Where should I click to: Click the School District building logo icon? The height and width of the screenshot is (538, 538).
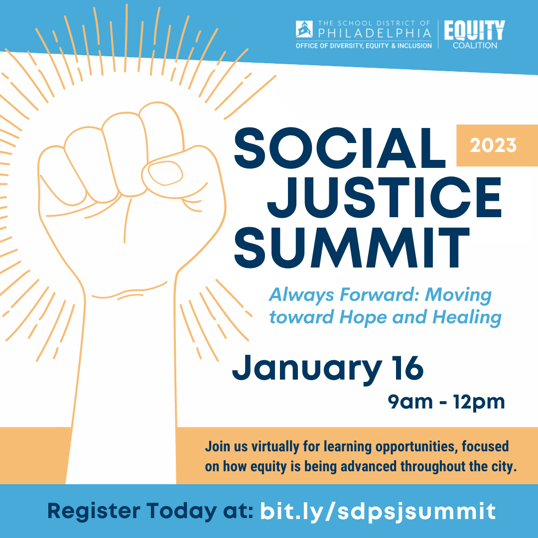[304, 29]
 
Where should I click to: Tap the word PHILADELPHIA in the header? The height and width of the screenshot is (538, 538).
[375, 33]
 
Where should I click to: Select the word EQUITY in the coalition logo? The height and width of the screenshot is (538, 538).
[475, 30]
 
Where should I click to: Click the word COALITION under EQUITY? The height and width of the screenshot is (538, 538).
[475, 45]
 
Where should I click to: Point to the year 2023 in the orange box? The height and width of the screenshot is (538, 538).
[493, 145]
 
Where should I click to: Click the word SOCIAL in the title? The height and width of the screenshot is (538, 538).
[340, 148]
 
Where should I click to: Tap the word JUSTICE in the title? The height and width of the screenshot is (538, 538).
[384, 198]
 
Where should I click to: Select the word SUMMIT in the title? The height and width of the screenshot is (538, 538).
[352, 248]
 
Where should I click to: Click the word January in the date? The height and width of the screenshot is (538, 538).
[307, 369]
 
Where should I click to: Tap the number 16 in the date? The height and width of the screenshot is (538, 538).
[409, 368]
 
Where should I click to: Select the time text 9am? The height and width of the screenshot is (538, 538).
[410, 402]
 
